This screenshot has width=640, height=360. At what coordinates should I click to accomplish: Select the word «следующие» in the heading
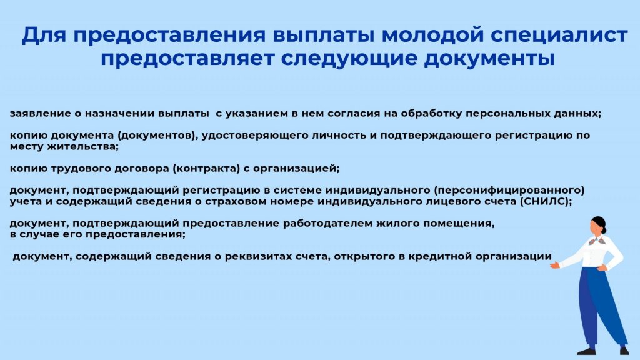pos(349,59)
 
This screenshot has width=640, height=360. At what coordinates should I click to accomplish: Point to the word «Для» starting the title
pos(44,35)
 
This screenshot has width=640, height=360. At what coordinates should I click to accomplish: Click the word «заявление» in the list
pos(40,114)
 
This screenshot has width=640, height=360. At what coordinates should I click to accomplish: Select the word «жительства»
pos(83,146)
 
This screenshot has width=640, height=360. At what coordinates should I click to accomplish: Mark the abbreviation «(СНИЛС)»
pos(546,202)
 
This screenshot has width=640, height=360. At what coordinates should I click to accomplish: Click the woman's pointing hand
pos(555,265)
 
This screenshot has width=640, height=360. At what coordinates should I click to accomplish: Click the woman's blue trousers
pos(600,306)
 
